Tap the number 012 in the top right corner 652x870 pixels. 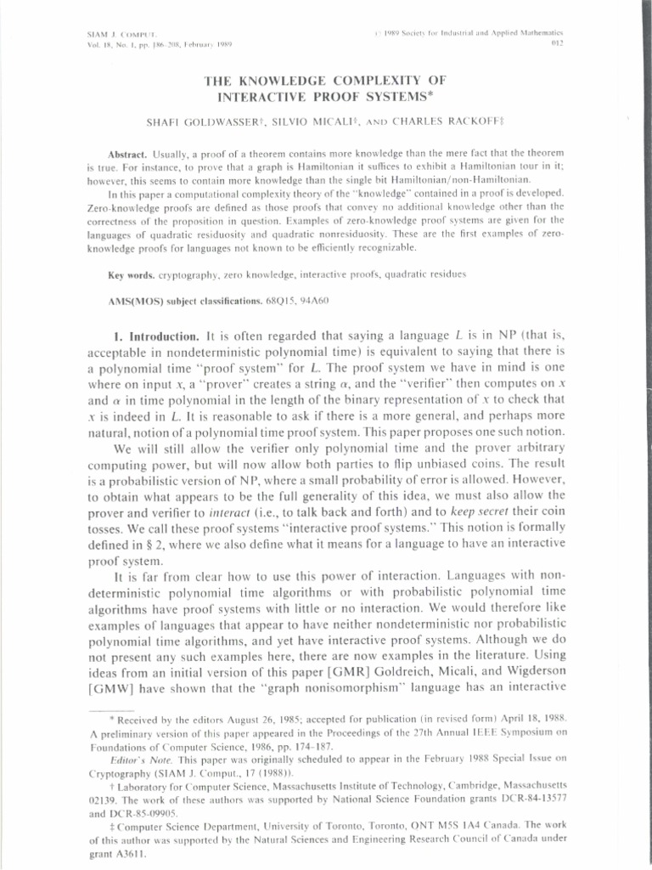pos(557,42)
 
